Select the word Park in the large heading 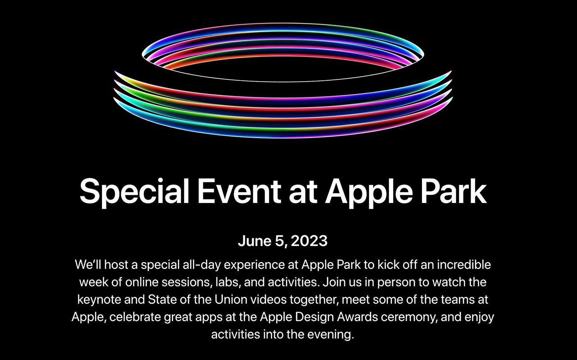pyautogui.click(x=454, y=191)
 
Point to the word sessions pyautogui.click(x=187, y=282)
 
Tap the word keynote pyautogui.click(x=99, y=300)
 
